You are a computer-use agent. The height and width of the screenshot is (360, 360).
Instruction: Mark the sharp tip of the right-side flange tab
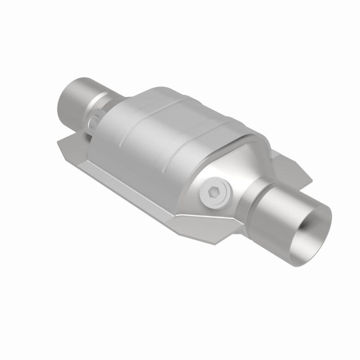point(311,182)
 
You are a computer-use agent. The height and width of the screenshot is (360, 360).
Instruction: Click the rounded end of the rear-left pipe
point(63,97)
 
